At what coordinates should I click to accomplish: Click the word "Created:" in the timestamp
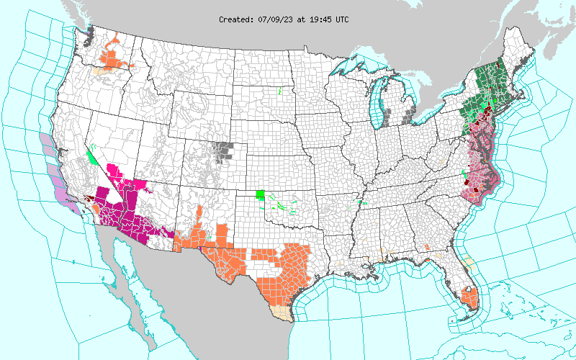click(236, 19)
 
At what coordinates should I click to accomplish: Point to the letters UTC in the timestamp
click(342, 19)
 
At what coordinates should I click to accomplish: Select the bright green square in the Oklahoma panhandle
click(261, 194)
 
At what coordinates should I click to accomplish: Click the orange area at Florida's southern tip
click(471, 298)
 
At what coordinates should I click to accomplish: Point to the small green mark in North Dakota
click(279, 91)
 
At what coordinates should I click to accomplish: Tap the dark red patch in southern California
click(89, 197)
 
